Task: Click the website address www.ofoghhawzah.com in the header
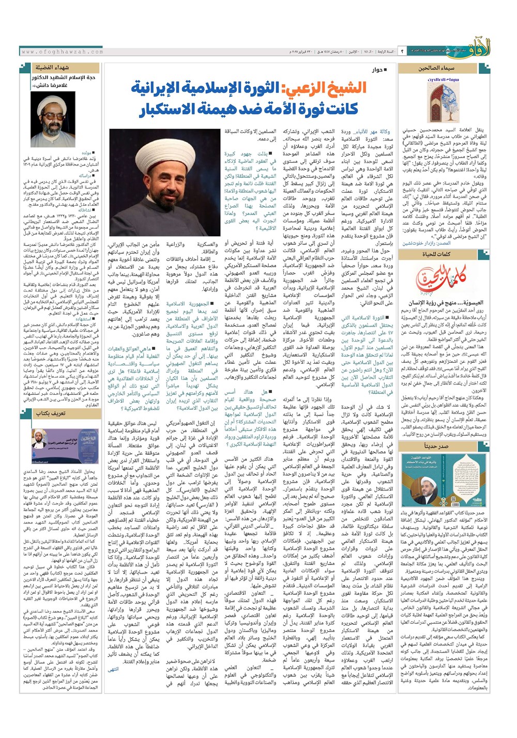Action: pos(63,52)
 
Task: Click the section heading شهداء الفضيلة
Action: pos(52,68)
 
